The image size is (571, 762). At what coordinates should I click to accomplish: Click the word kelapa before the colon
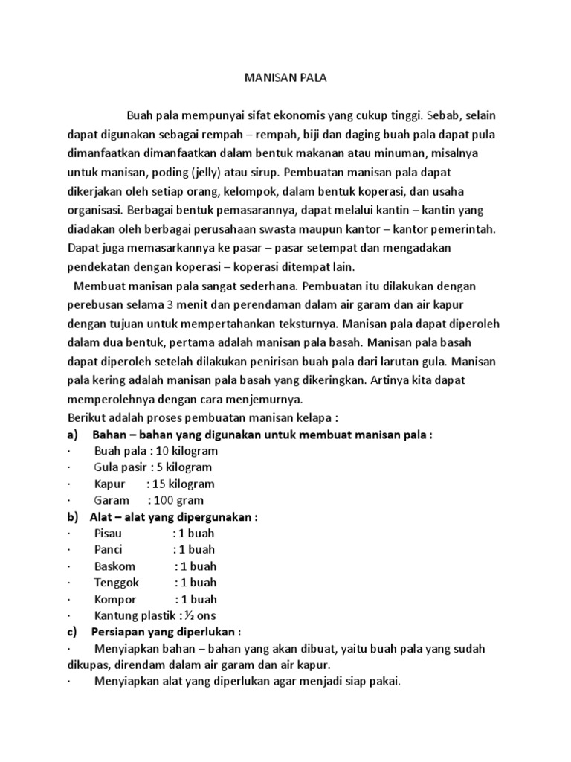click(x=310, y=417)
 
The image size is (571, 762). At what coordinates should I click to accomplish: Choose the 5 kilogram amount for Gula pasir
click(x=184, y=467)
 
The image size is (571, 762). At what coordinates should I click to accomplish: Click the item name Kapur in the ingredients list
click(x=109, y=484)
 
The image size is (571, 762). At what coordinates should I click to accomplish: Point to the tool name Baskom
click(x=114, y=566)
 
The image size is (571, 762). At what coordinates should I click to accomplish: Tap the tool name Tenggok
click(x=116, y=583)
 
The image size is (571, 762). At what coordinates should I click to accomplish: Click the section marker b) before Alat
click(x=74, y=517)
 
